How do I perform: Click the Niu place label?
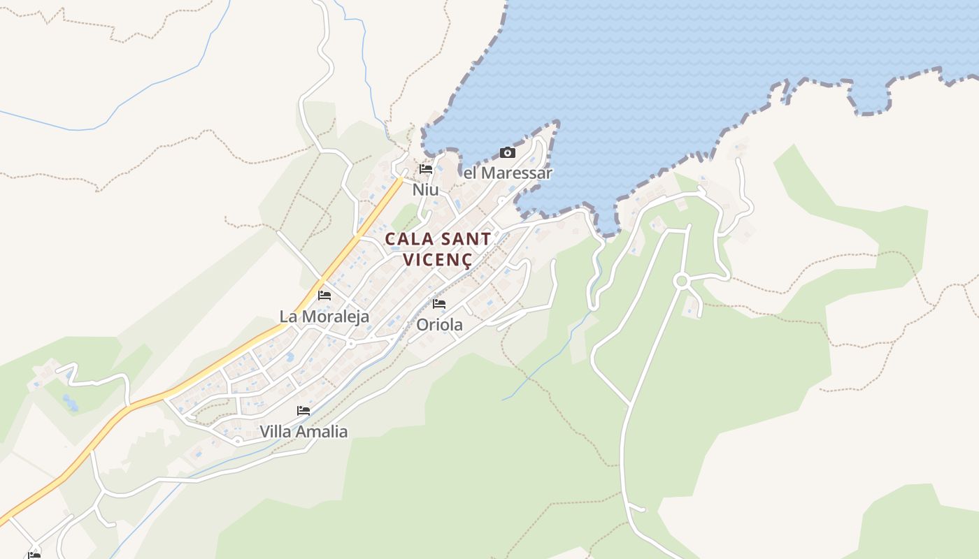pos(425,189)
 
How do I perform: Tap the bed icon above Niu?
pos(425,169)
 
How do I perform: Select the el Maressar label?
pos(508,173)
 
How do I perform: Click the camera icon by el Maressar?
pos(508,153)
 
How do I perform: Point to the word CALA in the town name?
pos(410,239)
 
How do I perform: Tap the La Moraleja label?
pos(324,317)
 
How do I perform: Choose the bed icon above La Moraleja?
pos(324,296)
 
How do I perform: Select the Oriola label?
pos(439,325)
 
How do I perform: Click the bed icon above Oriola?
pos(439,304)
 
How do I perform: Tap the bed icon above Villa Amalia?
pos(303,411)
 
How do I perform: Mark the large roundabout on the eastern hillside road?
pos(681,281)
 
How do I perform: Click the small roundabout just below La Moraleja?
pos(350,344)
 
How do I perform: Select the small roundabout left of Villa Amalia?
pos(238,441)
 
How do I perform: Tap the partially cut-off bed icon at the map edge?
pos(34,556)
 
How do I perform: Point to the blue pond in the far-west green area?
pos(69,402)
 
